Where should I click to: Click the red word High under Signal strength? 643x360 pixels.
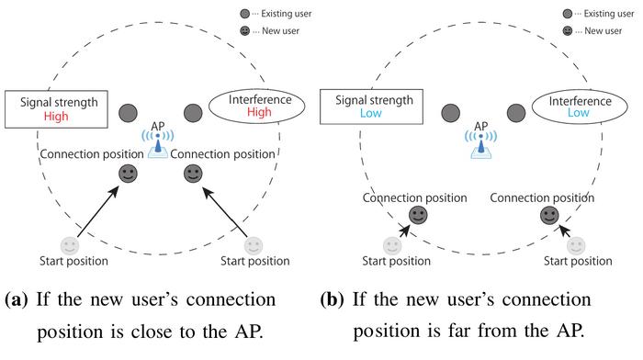[56, 117]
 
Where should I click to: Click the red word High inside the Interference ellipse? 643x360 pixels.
[259, 112]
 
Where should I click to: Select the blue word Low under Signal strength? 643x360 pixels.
[371, 113]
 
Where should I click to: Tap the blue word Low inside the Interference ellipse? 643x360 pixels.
[578, 112]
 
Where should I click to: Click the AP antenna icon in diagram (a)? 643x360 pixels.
[158, 144]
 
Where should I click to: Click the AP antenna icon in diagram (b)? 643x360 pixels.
[480, 144]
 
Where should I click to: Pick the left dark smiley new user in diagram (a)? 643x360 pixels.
[128, 174]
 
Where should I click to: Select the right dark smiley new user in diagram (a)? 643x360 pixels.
[193, 174]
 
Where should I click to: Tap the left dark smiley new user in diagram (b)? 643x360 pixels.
[418, 215]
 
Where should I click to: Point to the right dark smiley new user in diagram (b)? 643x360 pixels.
[549, 215]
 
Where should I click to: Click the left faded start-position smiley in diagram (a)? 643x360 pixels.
[69, 246]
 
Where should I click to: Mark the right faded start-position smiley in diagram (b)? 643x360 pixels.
[576, 246]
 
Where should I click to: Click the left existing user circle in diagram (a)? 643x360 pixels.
[128, 113]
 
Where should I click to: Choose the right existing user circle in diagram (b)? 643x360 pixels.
[516, 113]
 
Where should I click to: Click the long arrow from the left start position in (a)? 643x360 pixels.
[98, 211]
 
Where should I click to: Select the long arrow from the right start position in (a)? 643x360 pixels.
[225, 212]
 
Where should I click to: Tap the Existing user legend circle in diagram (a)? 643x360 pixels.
[245, 14]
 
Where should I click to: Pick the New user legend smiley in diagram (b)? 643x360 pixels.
[568, 30]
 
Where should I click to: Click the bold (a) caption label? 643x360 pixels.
[17, 299]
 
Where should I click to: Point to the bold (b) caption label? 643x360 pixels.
[333, 299]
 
